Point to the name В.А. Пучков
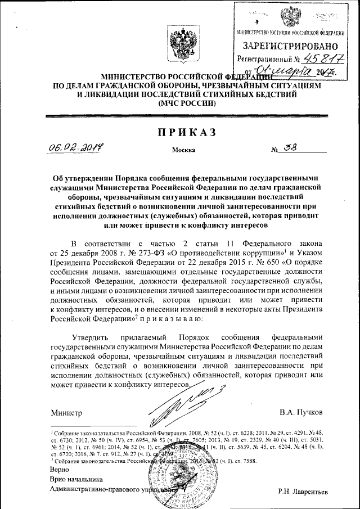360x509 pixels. coord(301,413)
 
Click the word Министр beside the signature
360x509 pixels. coord(66,413)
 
